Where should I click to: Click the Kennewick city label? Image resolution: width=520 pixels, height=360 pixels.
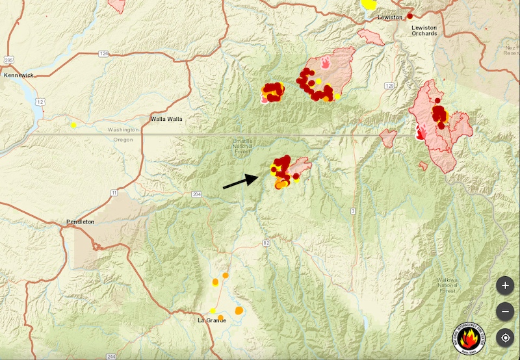pos(18,75)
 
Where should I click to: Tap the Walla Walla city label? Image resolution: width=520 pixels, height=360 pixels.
pos(166,119)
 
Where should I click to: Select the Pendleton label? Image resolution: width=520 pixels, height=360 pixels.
pos(80,222)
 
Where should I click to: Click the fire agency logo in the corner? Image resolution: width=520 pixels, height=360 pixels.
pos(469,337)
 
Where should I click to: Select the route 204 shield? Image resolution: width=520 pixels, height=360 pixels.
pos(196,194)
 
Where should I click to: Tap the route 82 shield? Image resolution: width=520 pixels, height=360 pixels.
pos(266,242)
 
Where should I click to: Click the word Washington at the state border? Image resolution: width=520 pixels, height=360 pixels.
pos(123,130)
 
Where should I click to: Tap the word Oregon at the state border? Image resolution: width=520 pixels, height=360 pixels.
pos(123,140)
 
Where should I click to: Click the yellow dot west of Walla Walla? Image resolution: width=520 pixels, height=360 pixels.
pos(73,125)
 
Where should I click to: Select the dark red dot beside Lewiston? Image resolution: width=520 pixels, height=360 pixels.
pos(410,16)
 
